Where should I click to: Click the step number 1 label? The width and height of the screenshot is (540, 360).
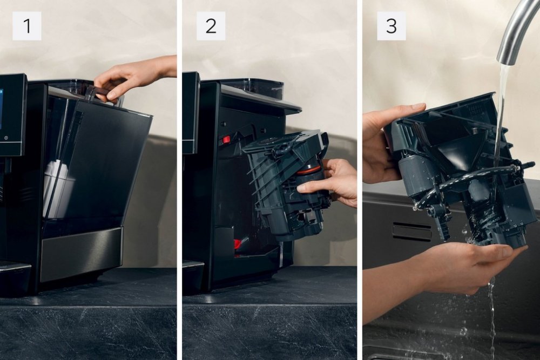[27, 26]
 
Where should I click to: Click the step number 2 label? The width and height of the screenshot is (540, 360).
[211, 26]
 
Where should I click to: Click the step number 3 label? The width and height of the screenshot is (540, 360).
[391, 26]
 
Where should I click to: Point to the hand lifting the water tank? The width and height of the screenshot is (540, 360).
[134, 77]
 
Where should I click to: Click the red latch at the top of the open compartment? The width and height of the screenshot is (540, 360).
[226, 140]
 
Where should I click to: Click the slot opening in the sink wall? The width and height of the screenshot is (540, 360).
[412, 232]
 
